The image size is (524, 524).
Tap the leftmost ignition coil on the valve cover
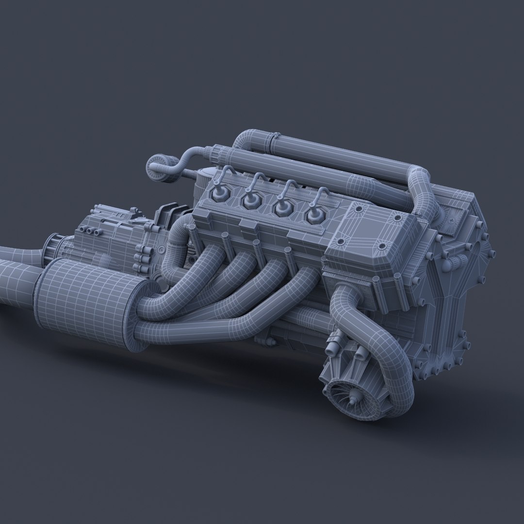pos(218,194)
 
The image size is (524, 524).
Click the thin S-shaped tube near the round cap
pos(187,160)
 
